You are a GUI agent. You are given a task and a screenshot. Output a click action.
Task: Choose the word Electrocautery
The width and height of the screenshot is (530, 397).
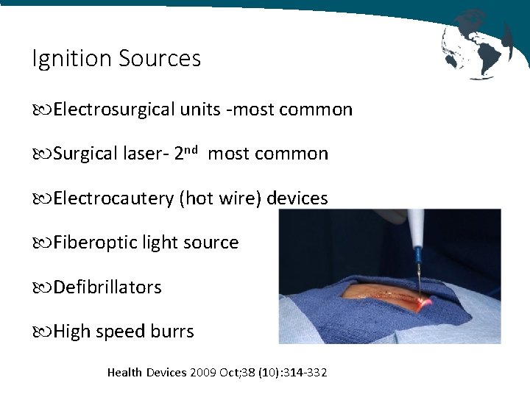point(113,198)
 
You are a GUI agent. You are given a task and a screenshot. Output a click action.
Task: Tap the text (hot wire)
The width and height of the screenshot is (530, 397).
point(220,198)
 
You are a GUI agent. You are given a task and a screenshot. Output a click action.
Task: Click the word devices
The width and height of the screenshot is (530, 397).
point(297,198)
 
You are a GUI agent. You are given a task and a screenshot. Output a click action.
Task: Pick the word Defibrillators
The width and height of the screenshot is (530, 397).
point(107,287)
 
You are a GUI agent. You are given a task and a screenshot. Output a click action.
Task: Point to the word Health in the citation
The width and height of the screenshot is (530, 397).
point(126,373)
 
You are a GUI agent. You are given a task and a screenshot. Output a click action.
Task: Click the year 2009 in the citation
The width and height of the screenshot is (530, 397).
point(202,373)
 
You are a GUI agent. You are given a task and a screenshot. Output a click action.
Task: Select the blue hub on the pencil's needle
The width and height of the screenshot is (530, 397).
point(418,257)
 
